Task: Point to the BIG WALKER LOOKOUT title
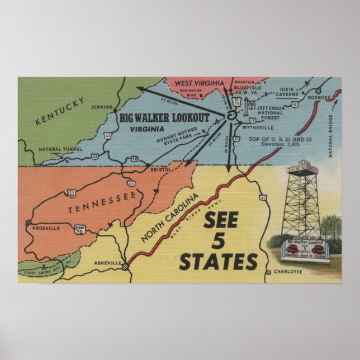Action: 164,118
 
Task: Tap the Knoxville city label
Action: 46,229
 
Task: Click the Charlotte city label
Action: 288,272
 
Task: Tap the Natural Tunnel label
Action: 60,149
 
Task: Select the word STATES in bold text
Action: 218,261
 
